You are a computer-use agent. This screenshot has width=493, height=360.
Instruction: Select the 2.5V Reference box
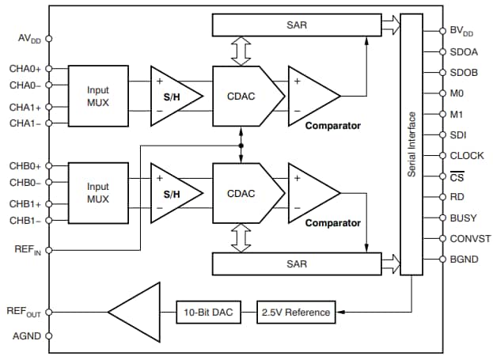(295, 312)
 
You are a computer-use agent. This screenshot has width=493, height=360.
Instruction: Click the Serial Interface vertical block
(412, 142)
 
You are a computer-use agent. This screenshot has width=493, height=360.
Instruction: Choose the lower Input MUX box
(98, 192)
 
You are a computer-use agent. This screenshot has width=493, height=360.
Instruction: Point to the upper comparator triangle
(312, 95)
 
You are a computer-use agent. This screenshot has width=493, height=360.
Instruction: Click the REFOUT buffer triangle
(135, 312)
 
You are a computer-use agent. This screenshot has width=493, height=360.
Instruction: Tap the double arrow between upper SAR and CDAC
(240, 51)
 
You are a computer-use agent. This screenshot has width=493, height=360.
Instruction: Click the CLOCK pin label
(466, 156)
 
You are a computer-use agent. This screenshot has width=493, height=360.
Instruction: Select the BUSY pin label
(463, 218)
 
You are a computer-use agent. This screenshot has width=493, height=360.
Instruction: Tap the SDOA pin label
(464, 52)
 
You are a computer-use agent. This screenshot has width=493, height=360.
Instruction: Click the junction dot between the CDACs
(240, 146)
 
